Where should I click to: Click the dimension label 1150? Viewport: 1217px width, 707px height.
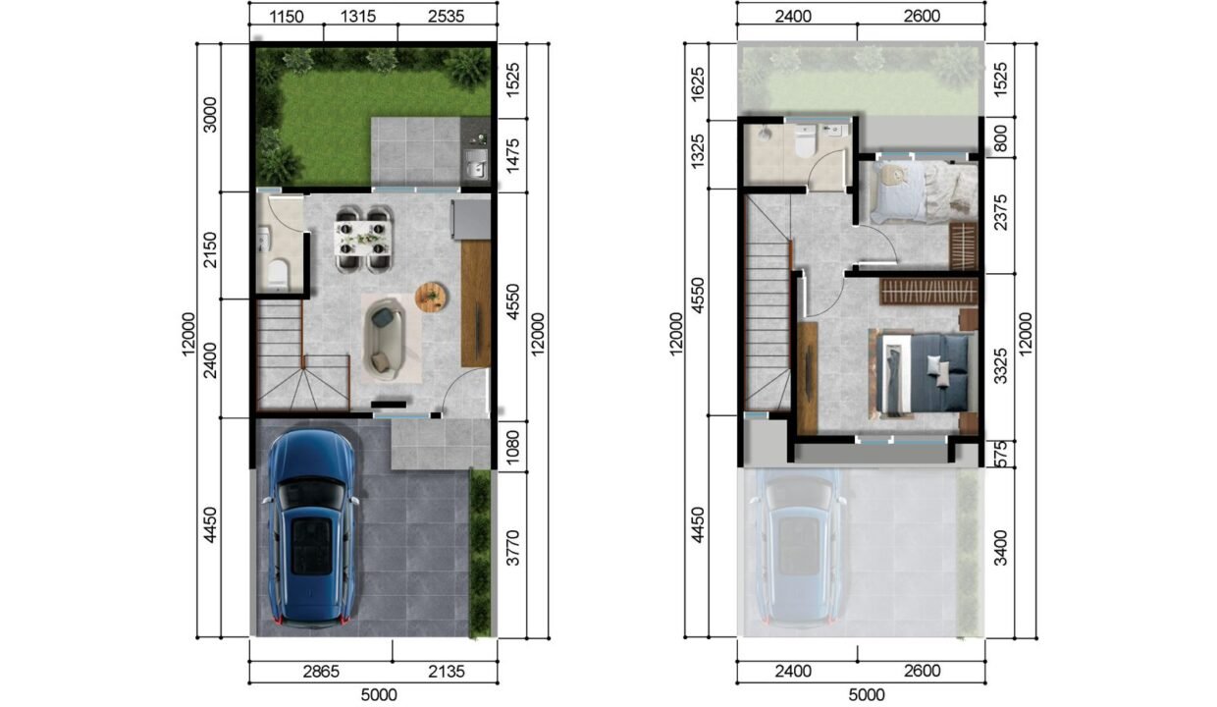pos(287,17)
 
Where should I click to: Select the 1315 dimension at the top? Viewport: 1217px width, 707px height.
pos(358,17)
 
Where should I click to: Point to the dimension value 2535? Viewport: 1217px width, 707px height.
pos(446,17)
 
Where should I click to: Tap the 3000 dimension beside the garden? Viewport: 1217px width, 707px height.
pos(210,115)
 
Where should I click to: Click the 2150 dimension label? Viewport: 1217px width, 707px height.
pos(210,250)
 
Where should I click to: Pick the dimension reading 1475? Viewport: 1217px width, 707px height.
pos(512,155)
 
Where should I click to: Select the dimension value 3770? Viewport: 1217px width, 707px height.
pos(512,548)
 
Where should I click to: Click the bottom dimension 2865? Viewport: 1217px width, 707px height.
pos(321,672)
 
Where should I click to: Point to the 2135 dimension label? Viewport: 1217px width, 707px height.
pos(446,672)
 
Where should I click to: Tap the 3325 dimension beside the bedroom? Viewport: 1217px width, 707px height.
pos(1000,366)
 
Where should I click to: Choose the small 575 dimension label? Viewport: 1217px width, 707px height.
pos(1000,454)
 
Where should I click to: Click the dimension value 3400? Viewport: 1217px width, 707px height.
pos(1000,548)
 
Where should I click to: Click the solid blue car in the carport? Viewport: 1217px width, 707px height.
pos(310,527)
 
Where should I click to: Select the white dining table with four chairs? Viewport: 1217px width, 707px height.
pos(363,240)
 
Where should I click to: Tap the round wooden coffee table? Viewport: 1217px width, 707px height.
pos(432,297)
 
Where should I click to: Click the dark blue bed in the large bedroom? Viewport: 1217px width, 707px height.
pos(924,373)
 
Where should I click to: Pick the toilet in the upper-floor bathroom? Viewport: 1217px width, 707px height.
pos(804,140)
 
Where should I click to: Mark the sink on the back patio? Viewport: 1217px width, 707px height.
pos(476,164)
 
